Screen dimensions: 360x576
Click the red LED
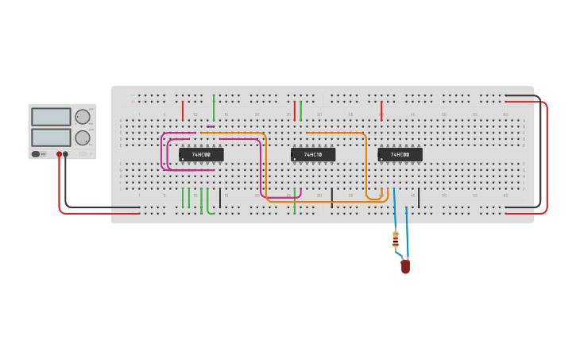pyautogui.click(x=405, y=267)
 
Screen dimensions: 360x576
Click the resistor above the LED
pyautogui.click(x=396, y=238)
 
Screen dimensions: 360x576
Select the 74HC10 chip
pyautogui.click(x=313, y=154)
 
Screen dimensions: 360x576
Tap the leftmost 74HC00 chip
pyautogui.click(x=201, y=154)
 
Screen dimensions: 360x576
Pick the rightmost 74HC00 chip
pyautogui.click(x=400, y=154)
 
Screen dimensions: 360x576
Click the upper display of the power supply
pyautogui.click(x=51, y=117)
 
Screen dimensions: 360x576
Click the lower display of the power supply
pyautogui.click(x=51, y=137)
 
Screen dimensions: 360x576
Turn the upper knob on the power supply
pyautogui.click(x=82, y=117)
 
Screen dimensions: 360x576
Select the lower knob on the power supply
pyautogui.click(x=82, y=137)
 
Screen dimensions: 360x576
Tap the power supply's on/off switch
pyautogui.click(x=37, y=153)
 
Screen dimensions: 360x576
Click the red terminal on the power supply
pyautogui.click(x=59, y=154)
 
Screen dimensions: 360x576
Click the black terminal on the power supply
pyautogui.click(x=65, y=154)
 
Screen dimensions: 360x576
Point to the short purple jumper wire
pyautogui.click(x=211, y=126)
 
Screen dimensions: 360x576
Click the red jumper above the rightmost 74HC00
pyautogui.click(x=381, y=110)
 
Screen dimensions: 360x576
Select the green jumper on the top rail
pyautogui.click(x=214, y=106)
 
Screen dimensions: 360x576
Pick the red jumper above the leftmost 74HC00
pyautogui.click(x=183, y=110)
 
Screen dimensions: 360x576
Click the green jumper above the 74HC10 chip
pyautogui.click(x=300, y=110)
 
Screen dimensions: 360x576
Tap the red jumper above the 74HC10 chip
pyautogui.click(x=295, y=110)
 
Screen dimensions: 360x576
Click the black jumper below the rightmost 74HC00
pyautogui.click(x=419, y=198)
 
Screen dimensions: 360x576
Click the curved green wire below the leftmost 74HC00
pyautogui.click(x=208, y=203)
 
